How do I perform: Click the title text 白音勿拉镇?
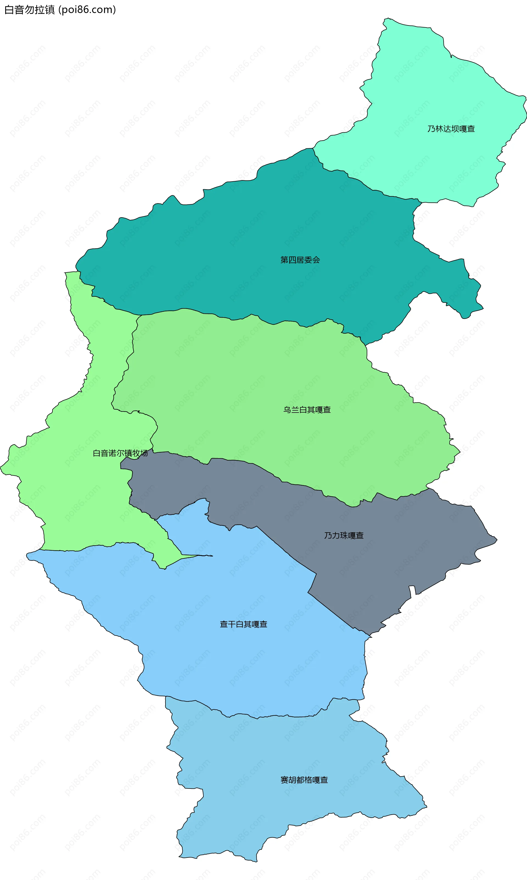click(x=29, y=10)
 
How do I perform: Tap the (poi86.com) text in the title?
click(x=87, y=10)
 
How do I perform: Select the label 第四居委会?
click(x=300, y=260)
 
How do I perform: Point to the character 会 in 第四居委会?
click(x=316, y=260)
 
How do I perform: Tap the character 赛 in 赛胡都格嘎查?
click(x=284, y=780)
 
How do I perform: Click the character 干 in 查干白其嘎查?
click(x=232, y=624)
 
